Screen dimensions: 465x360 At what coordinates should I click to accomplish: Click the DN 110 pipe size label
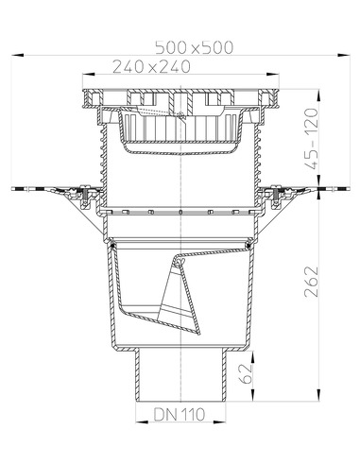coord(179,414)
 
